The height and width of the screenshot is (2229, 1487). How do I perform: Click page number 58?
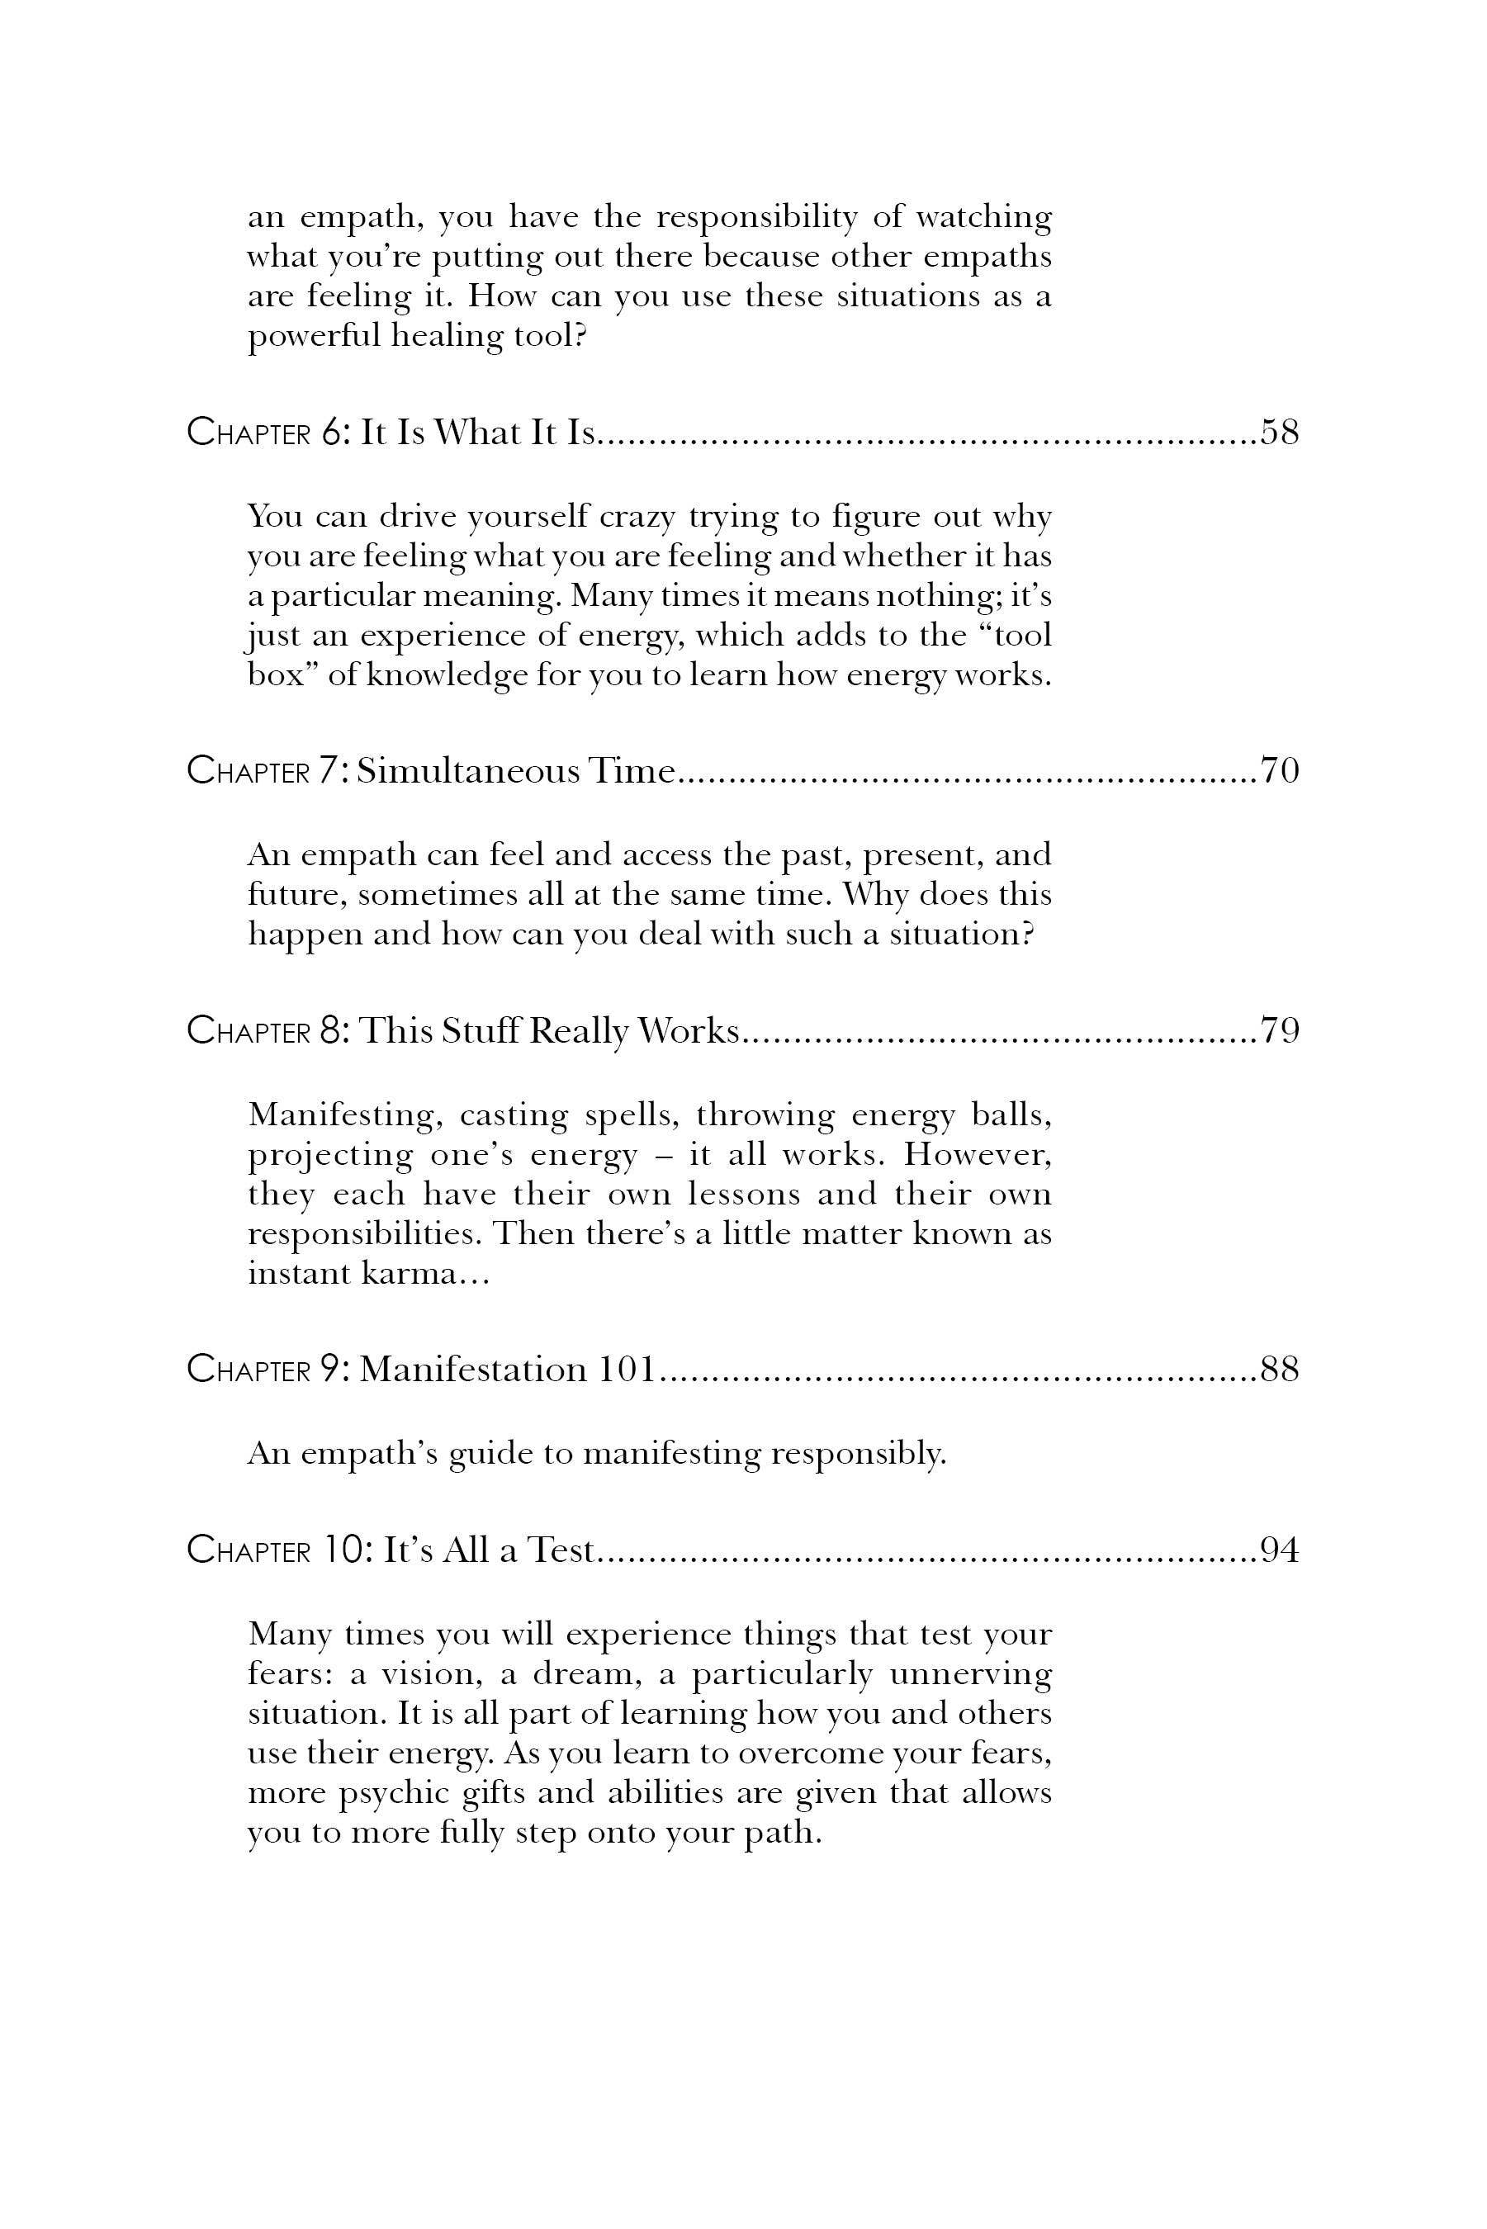coord(1278,433)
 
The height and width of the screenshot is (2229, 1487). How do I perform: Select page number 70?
coord(1278,771)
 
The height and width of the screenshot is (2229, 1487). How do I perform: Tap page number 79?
coord(1278,1029)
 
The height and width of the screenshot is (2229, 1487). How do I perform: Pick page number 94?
coord(1278,1550)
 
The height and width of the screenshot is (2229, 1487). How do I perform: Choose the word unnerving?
coord(970,1674)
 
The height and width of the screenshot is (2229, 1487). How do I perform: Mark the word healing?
coord(447,337)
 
